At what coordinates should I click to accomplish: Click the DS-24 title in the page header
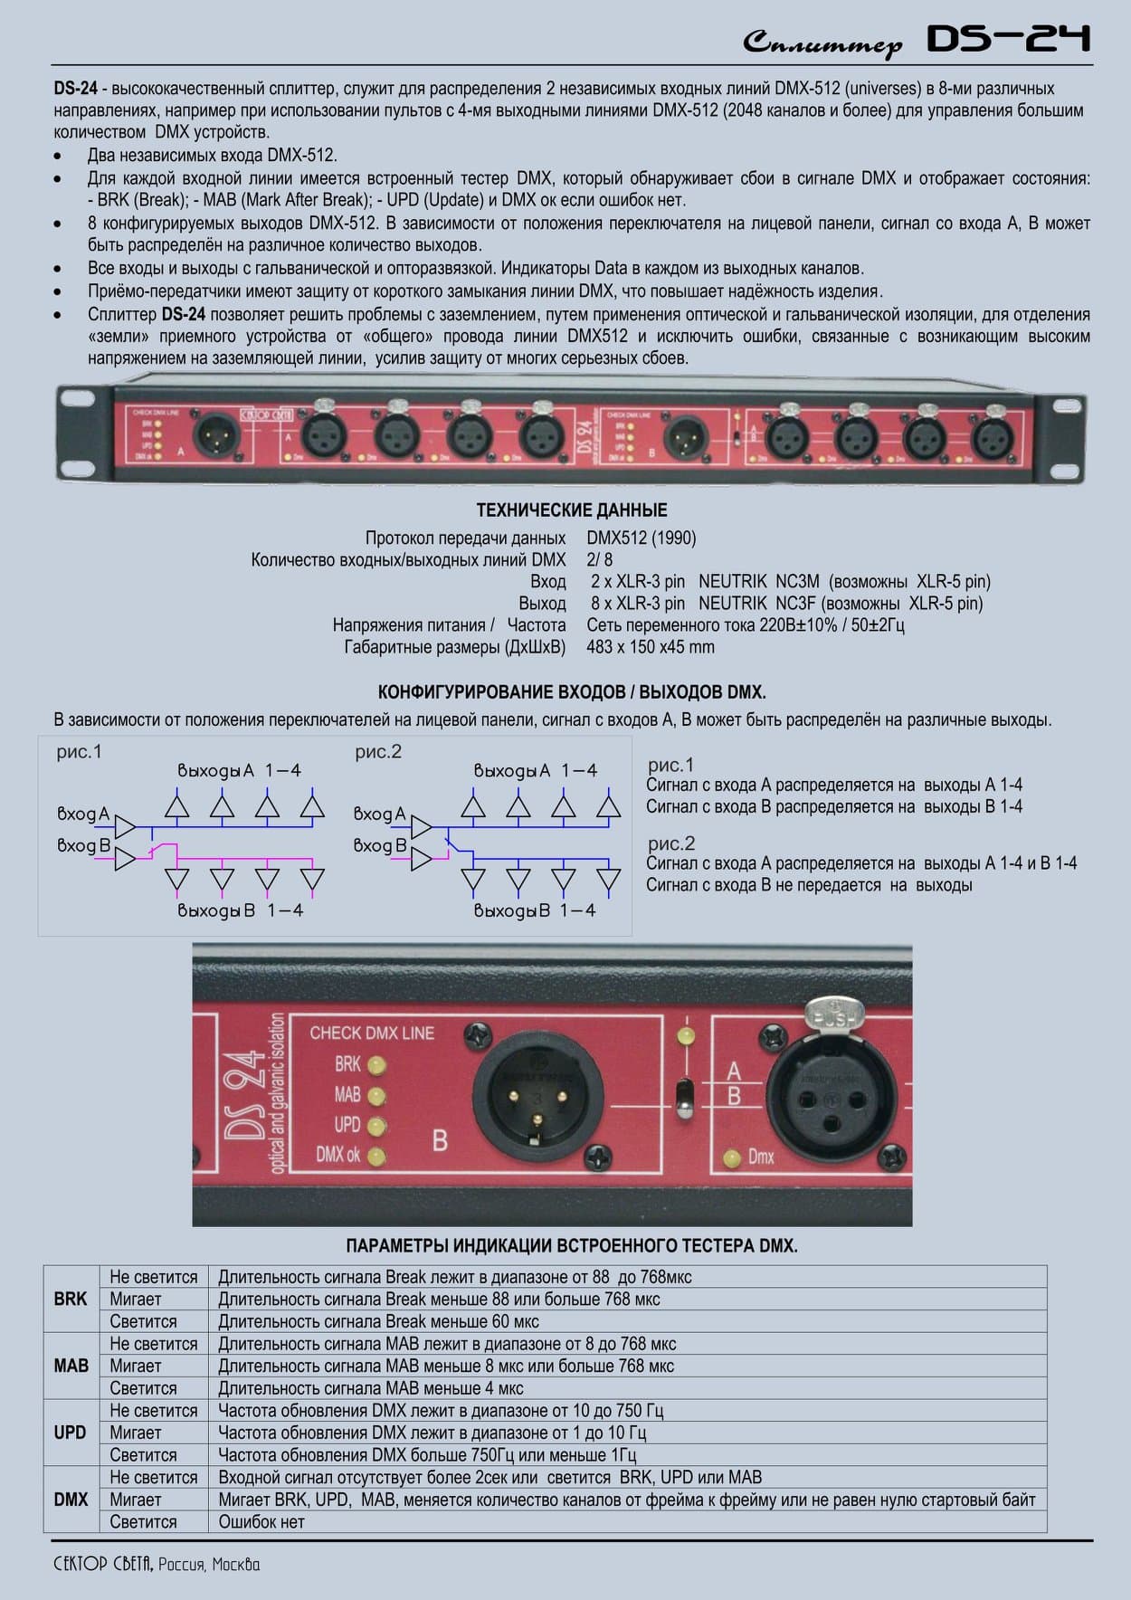[1008, 40]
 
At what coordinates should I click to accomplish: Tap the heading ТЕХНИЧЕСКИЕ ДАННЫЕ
[572, 510]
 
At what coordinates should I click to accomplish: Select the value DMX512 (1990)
[641, 538]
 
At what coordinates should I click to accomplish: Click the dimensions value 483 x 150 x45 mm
[650, 647]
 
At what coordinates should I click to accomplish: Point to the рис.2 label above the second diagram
[377, 752]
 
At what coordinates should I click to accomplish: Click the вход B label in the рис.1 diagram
[83, 846]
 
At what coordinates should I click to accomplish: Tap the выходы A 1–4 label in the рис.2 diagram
[535, 771]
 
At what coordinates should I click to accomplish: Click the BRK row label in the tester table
[71, 1299]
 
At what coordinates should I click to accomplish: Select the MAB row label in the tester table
[71, 1366]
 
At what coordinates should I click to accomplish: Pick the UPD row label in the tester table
[71, 1433]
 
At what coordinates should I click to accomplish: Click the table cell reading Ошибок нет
[261, 1522]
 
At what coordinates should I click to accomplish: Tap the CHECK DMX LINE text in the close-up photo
[372, 1033]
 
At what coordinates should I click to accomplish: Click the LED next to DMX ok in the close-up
[376, 1156]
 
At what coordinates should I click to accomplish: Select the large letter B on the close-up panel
[440, 1140]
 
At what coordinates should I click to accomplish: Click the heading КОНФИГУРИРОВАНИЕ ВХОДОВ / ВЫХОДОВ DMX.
[571, 693]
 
